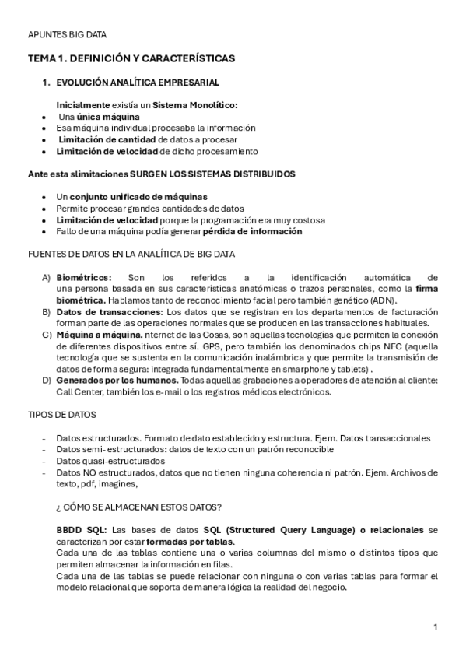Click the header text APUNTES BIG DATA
click(67, 34)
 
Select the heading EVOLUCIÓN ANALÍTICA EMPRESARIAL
click(138, 82)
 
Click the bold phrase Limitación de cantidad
click(107, 139)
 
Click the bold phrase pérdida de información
click(252, 231)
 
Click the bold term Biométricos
click(84, 277)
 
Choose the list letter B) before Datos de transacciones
click(46, 311)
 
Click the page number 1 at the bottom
click(436, 627)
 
